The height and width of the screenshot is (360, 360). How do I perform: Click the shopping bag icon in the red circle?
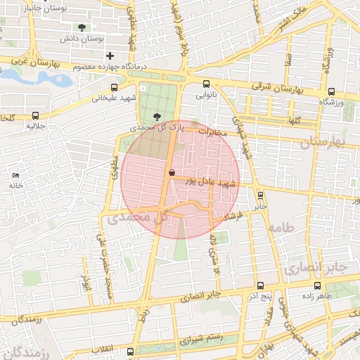click(x=171, y=172)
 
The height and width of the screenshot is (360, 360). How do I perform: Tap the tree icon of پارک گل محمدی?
click(x=155, y=117)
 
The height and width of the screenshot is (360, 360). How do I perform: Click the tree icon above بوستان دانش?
click(x=83, y=27)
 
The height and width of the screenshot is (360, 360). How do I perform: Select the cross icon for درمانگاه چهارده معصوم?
click(x=109, y=56)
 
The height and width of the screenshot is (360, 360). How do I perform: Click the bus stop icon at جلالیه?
click(x=35, y=115)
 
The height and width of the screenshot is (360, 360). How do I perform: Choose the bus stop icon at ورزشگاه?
click(x=331, y=91)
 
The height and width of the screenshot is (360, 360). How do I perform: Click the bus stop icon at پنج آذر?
click(x=260, y=286)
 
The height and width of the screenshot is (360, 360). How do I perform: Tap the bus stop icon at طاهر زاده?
click(x=317, y=286)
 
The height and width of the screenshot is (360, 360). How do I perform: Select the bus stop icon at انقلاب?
click(x=130, y=351)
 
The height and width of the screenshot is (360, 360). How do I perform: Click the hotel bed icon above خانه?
click(x=16, y=174)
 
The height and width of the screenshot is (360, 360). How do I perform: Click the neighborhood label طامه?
click(x=280, y=228)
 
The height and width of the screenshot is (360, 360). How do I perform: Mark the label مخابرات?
click(x=214, y=131)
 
